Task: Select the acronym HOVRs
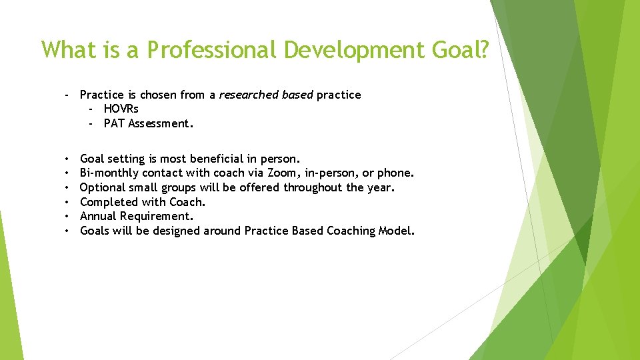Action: point(121,109)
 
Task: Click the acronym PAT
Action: point(114,123)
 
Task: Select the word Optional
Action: point(102,187)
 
